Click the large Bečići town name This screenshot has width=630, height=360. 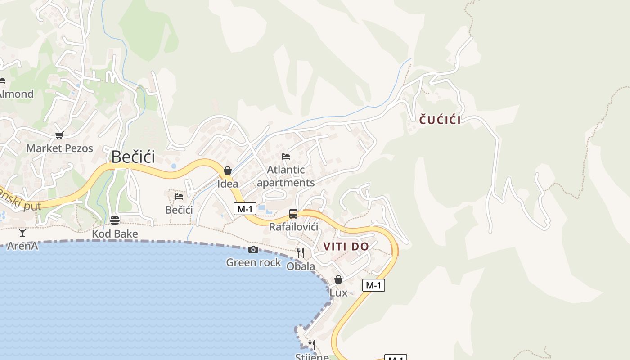click(133, 157)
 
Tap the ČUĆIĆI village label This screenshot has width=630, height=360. click(440, 120)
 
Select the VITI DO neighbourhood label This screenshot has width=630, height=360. click(346, 247)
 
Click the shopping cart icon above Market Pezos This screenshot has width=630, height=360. click(59, 135)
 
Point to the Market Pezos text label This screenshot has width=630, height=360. click(59, 148)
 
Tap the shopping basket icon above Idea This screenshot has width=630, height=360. click(228, 171)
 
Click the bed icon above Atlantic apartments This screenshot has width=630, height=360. click(286, 157)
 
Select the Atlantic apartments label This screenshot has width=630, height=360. click(286, 176)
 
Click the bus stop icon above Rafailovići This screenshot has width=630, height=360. click(293, 214)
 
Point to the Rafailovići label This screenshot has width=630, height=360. click(293, 227)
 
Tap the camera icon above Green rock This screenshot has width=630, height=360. click(253, 249)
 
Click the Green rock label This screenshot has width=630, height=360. click(253, 262)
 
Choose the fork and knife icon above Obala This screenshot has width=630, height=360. click(301, 253)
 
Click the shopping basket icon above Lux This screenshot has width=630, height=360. click(338, 279)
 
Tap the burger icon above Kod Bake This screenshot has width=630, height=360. click(115, 220)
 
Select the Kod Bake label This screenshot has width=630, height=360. click(115, 234)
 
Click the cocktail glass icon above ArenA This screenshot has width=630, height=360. click(22, 233)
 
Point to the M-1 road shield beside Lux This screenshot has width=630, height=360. click(373, 285)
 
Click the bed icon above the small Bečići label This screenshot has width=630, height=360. click(179, 196)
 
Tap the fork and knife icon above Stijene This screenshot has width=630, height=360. click(311, 345)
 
